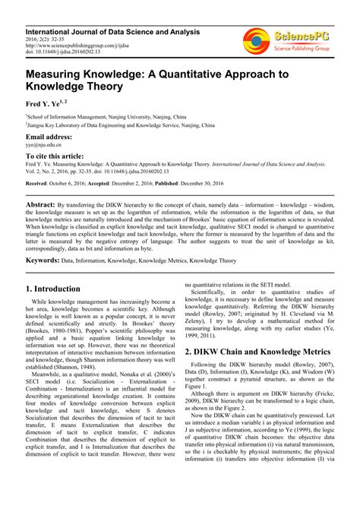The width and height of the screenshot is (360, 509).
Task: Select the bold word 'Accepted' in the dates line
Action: tap(105, 184)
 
